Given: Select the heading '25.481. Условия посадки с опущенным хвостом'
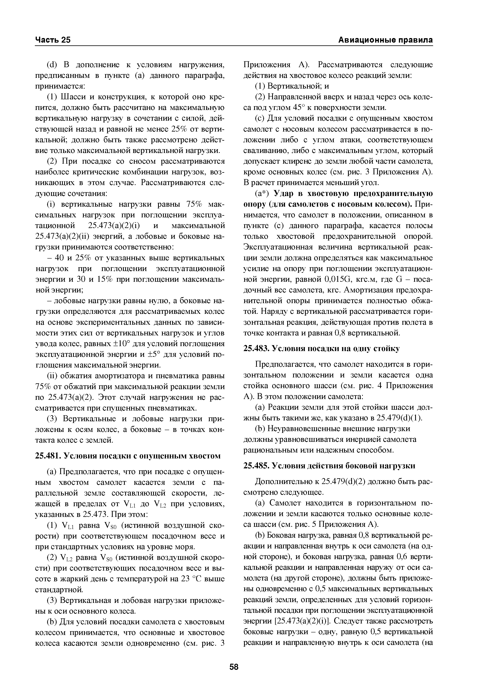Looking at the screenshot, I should click(128, 455).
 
